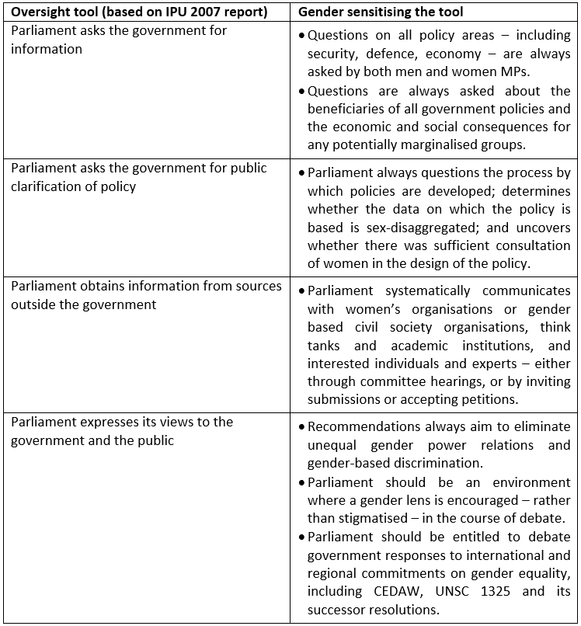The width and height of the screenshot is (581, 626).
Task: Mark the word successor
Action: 339,610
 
